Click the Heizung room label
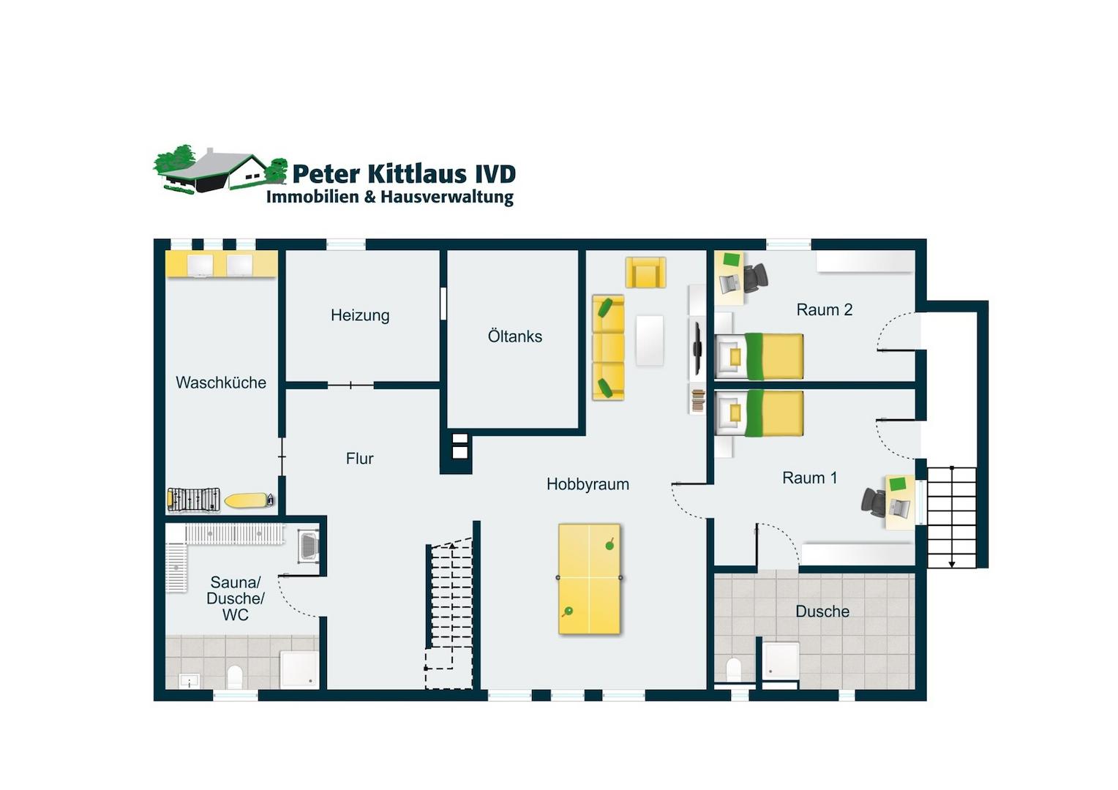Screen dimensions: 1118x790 (x=360, y=316)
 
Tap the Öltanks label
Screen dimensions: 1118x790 (x=514, y=336)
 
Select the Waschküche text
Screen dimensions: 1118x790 (x=221, y=383)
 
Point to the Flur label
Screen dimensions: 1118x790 (x=359, y=459)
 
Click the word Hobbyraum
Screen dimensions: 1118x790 (x=588, y=484)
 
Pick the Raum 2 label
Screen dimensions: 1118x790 (x=824, y=310)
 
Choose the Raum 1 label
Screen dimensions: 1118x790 (x=809, y=478)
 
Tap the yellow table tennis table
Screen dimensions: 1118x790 (x=590, y=579)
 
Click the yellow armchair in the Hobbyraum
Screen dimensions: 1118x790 (x=645, y=273)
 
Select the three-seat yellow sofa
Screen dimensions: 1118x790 (x=608, y=348)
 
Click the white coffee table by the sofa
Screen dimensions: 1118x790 (x=649, y=340)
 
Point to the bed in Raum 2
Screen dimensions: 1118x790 (x=759, y=356)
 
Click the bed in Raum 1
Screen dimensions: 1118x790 (x=759, y=414)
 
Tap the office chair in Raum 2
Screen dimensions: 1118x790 (x=756, y=277)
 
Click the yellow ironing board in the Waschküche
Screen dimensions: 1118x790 (x=249, y=500)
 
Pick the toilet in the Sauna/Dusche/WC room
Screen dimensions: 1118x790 (x=235, y=676)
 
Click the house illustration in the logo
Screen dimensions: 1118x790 (x=220, y=170)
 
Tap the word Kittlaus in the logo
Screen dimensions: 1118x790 (x=417, y=173)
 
